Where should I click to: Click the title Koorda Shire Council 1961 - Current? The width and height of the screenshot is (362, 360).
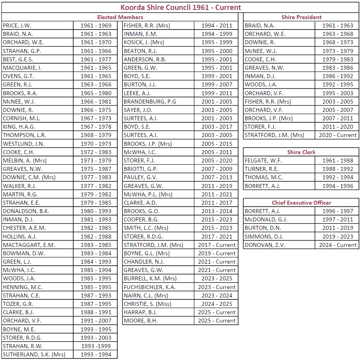click(181, 7)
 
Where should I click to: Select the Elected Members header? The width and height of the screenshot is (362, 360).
click(120, 17)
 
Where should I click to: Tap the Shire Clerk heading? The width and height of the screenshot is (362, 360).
click(301, 152)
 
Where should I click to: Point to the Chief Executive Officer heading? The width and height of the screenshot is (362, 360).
click(301, 203)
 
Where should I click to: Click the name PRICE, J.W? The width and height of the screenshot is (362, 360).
click(17, 25)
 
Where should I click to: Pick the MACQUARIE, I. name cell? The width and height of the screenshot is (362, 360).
click(22, 68)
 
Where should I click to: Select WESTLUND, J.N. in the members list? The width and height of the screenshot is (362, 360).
click(23, 143)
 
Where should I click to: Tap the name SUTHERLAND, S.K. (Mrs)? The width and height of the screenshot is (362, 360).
click(34, 354)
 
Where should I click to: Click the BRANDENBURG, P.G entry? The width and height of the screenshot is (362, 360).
click(150, 102)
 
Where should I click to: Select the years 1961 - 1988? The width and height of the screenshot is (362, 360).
click(337, 160)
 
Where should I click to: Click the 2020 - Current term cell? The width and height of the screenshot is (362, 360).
click(337, 135)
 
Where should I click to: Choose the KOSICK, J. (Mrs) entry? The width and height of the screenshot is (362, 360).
click(144, 42)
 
